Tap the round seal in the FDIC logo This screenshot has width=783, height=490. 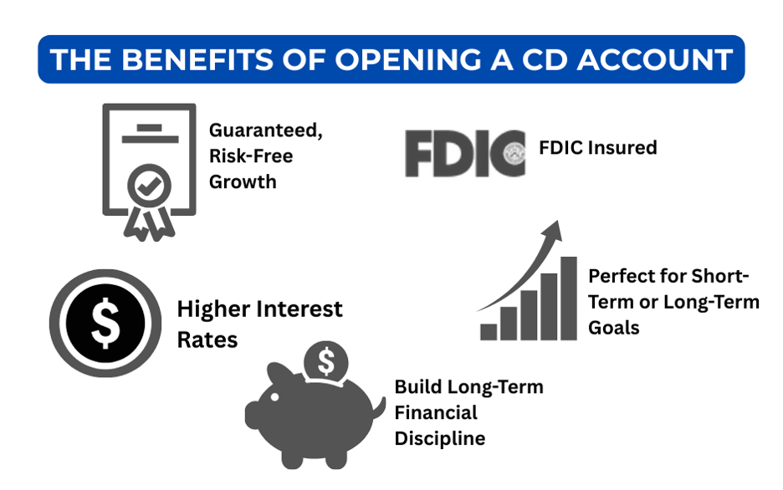pyautogui.click(x=513, y=151)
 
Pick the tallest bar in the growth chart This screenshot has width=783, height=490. pyautogui.click(x=569, y=298)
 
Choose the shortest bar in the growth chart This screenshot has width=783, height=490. pyautogui.click(x=489, y=332)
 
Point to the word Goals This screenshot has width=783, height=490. pyautogui.click(x=614, y=328)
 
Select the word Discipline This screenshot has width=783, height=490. pyautogui.click(x=440, y=438)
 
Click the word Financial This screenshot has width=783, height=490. pyautogui.click(x=436, y=413)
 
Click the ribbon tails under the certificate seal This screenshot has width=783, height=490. pyautogui.click(x=149, y=222)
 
